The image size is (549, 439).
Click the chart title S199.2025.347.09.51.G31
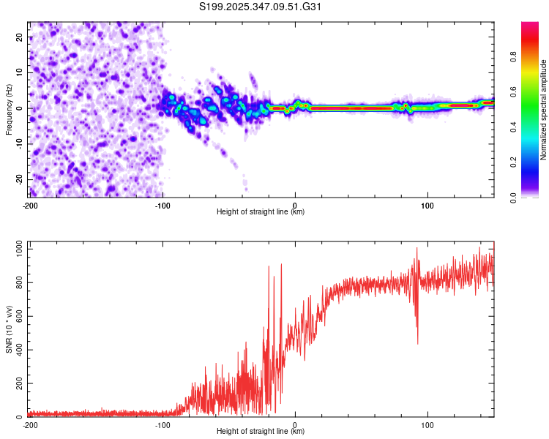tap(261, 7)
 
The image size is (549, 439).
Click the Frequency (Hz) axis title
tap(9, 108)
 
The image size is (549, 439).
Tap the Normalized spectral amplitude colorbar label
tap(544, 110)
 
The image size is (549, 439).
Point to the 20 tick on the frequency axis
tap(19, 37)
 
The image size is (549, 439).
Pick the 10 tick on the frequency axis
tap(19, 72)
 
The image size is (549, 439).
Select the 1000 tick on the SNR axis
tap(15, 249)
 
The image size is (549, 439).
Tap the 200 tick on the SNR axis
tap(18, 384)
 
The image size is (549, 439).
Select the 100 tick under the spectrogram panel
tap(427, 205)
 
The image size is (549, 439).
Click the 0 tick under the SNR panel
tap(295, 424)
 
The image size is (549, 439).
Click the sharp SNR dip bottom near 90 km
tap(417, 343)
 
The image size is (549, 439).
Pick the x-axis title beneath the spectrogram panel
tap(261, 212)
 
